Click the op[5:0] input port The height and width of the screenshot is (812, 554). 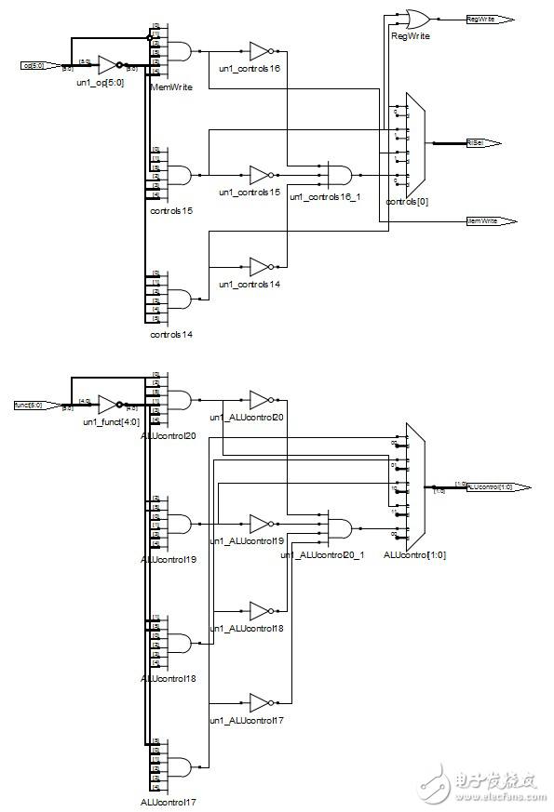pyautogui.click(x=40, y=65)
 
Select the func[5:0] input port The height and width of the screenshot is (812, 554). pyautogui.click(x=35, y=406)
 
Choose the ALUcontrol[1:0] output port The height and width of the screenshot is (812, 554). pyautogui.click(x=498, y=487)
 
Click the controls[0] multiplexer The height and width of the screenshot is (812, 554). pyautogui.click(x=412, y=143)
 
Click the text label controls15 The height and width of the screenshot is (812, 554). pyautogui.click(x=171, y=210)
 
